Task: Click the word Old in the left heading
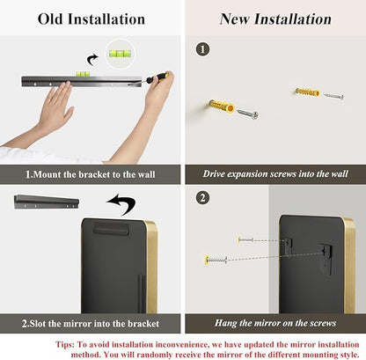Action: pos(50,19)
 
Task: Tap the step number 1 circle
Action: pos(202,49)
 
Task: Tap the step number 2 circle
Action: pos(202,198)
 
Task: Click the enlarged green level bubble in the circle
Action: pos(120,54)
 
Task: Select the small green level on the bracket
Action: pos(83,74)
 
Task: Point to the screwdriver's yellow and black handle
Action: pos(157,77)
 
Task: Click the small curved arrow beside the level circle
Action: pos(92,60)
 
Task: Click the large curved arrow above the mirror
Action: pos(121,203)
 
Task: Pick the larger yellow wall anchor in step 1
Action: pos(222,106)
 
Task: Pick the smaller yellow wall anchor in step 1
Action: pos(307,92)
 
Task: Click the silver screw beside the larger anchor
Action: pos(247,114)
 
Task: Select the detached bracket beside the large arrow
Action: pos(47,202)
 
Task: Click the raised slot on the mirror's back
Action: pos(111,229)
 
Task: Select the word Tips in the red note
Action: pos(64,344)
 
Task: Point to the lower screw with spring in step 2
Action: pos(216,259)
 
